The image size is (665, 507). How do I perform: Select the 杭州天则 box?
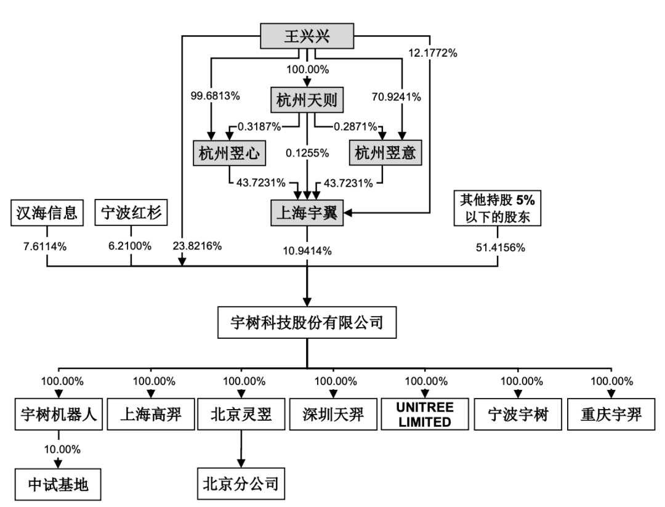307,100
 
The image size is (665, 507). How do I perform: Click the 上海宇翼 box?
307,213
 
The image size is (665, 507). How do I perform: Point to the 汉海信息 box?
47,213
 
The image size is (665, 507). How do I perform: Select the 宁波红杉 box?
131,213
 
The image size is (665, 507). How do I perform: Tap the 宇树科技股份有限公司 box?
306,322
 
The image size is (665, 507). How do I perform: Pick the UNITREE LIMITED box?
425,415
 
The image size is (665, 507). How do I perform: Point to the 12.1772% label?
435,53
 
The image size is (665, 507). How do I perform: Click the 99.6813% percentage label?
211,97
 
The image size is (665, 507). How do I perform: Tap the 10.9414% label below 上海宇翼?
307,251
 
